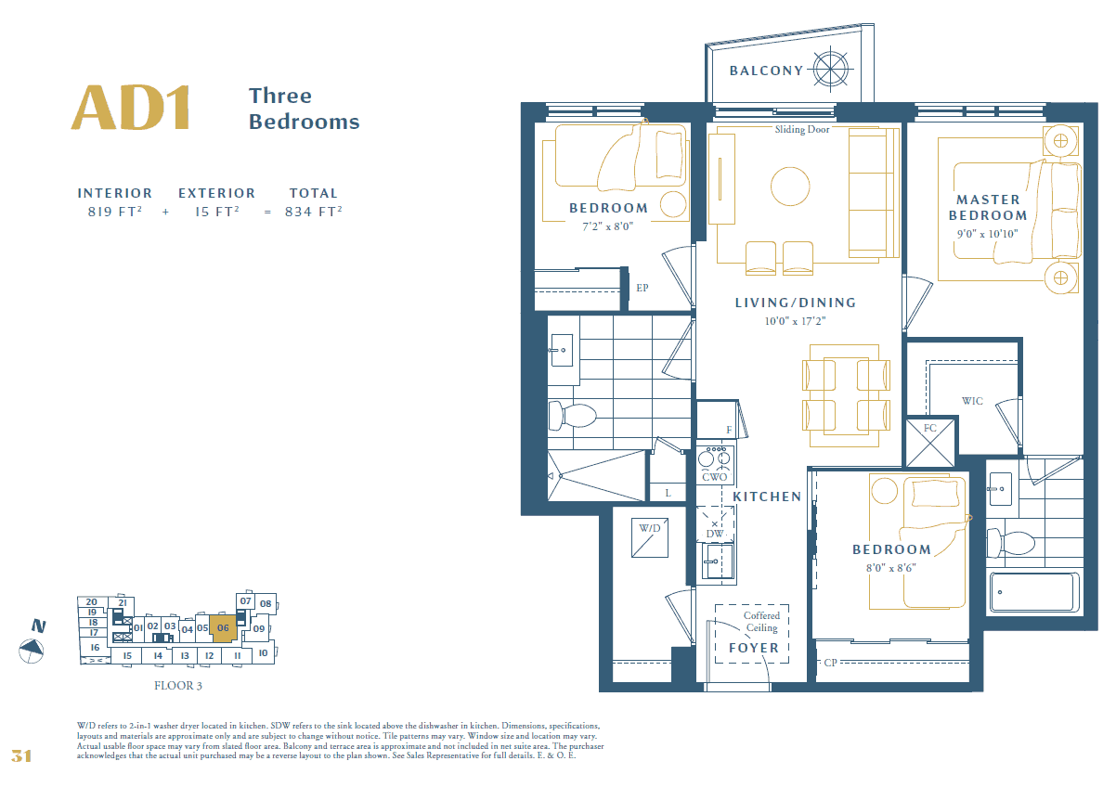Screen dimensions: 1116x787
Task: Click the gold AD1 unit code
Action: (131, 108)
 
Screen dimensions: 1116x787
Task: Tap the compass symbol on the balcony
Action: (831, 70)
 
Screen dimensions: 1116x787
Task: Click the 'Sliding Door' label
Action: (801, 130)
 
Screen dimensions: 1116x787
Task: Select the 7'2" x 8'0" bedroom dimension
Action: (607, 226)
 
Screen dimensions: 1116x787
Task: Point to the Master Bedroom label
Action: (988, 208)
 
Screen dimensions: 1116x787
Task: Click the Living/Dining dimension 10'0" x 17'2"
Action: (795, 321)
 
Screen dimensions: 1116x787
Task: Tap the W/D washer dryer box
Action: (650, 537)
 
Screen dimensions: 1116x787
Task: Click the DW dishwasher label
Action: (714, 534)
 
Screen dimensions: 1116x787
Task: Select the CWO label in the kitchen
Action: (714, 477)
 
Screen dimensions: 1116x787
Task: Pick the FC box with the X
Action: (930, 443)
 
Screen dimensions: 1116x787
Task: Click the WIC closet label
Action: (972, 401)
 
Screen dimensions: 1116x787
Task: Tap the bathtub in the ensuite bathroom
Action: (1034, 592)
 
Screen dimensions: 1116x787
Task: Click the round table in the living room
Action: (790, 187)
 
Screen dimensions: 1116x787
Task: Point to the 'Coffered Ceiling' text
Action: (761, 622)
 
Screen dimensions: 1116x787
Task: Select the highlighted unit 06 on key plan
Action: (223, 628)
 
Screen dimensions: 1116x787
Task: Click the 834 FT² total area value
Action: (314, 212)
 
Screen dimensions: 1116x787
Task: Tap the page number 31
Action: (21, 756)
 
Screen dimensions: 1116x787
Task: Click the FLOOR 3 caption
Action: (178, 686)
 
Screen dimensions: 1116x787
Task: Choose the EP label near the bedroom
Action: (642, 288)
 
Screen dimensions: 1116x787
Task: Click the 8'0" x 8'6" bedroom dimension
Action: (890, 568)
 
